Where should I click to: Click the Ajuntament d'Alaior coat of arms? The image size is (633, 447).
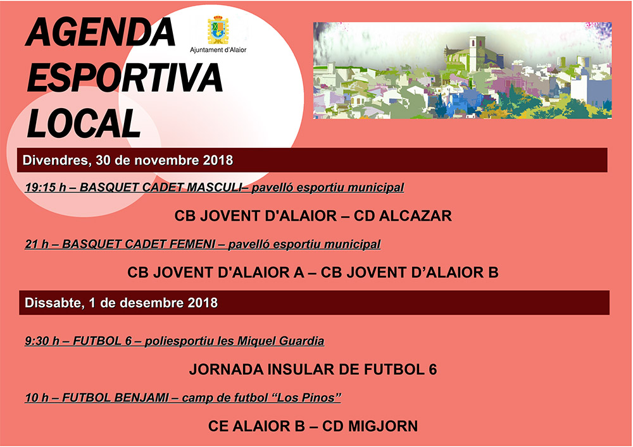218,30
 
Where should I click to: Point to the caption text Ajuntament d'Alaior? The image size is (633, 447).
218,49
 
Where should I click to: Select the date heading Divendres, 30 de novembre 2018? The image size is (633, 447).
128,160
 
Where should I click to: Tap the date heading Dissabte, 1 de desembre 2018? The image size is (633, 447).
121,303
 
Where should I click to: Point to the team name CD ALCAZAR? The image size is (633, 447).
403,216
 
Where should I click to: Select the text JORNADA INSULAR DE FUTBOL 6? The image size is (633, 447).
313,370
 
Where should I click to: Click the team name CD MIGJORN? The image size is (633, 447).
370,426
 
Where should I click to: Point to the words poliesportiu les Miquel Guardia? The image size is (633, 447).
234,341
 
